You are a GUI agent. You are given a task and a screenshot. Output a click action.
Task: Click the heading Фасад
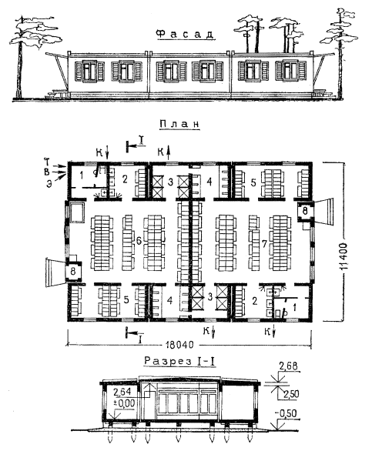pyautogui.click(x=185, y=34)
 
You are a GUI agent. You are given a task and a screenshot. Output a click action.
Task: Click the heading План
pyautogui.click(x=179, y=124)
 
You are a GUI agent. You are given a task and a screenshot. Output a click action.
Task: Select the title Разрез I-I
pyautogui.click(x=180, y=361)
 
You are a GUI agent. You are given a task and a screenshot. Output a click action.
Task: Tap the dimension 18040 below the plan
pyautogui.click(x=179, y=344)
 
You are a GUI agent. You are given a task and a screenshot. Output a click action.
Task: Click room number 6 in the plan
pyautogui.click(x=139, y=241)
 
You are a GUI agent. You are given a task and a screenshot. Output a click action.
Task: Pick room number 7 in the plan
pyautogui.click(x=264, y=244)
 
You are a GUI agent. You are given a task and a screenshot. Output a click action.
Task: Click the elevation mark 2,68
pyautogui.click(x=288, y=366)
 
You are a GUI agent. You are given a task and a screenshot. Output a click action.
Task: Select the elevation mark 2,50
pyautogui.click(x=291, y=394)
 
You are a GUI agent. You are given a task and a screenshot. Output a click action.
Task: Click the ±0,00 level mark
pyautogui.click(x=124, y=403)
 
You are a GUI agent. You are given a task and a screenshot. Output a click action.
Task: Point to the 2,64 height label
pyautogui.click(x=122, y=392)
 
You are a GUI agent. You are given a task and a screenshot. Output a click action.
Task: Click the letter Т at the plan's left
pyautogui.click(x=47, y=162)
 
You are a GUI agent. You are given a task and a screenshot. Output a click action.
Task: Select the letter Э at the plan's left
pyautogui.click(x=49, y=183)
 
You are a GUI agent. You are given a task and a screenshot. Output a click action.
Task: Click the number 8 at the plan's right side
pyautogui.click(x=305, y=211)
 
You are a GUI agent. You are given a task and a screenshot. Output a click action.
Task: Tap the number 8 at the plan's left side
pyautogui.click(x=73, y=271)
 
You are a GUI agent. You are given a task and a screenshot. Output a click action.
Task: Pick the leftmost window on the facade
pyautogui.click(x=89, y=71)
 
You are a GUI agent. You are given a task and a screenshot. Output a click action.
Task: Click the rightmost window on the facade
pyautogui.click(x=290, y=71)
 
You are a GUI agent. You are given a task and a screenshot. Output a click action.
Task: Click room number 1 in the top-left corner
pyautogui.click(x=82, y=175)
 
